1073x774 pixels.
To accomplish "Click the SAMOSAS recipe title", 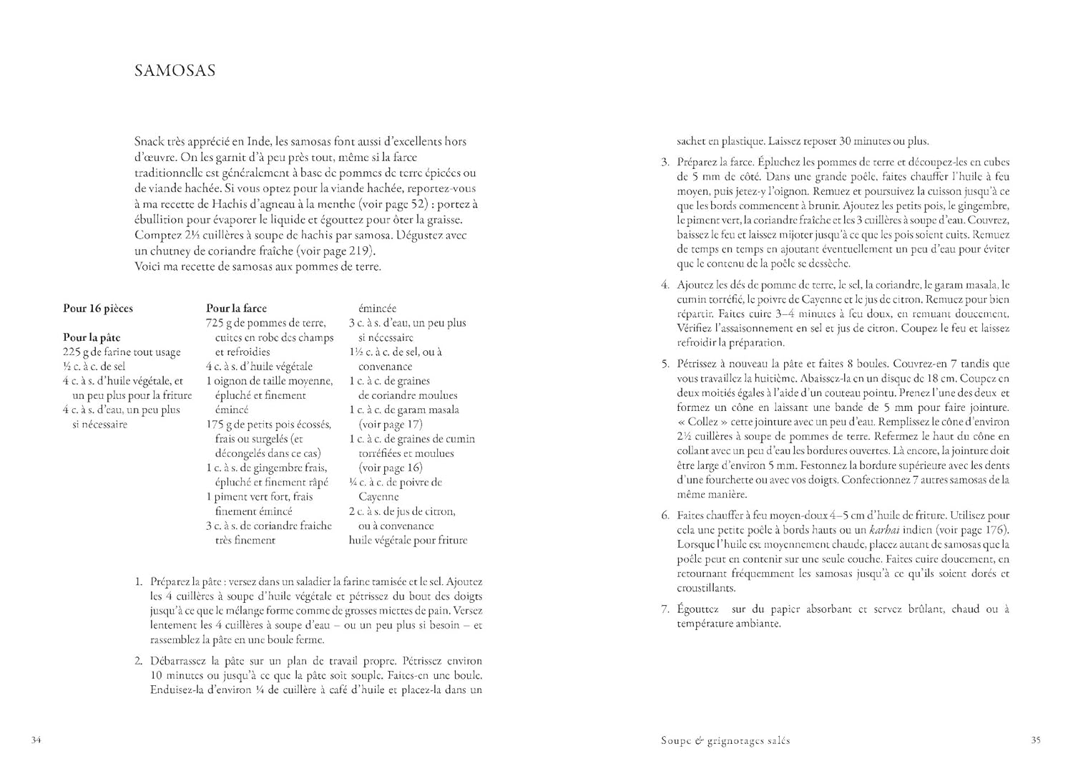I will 175,71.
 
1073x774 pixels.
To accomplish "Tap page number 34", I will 36,740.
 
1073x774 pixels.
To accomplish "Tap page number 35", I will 1035,740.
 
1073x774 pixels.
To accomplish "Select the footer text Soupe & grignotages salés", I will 725,740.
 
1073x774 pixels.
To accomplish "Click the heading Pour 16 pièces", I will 98,309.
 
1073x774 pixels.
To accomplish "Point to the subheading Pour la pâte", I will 92,337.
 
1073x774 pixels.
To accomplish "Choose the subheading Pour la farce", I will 236,309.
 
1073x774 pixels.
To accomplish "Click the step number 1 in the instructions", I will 139,581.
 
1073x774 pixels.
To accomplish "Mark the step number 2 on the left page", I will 139,661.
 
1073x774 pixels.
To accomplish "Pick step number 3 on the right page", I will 665,162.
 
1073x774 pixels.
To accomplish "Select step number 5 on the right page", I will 665,364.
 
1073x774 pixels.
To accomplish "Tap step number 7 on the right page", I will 665,609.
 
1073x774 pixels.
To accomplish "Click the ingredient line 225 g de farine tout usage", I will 122,352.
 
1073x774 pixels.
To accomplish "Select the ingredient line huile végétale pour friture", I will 408,540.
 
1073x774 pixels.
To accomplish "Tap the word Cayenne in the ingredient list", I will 378,496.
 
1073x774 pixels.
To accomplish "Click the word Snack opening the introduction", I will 148,142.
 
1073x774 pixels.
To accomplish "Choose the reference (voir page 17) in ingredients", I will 391,424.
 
